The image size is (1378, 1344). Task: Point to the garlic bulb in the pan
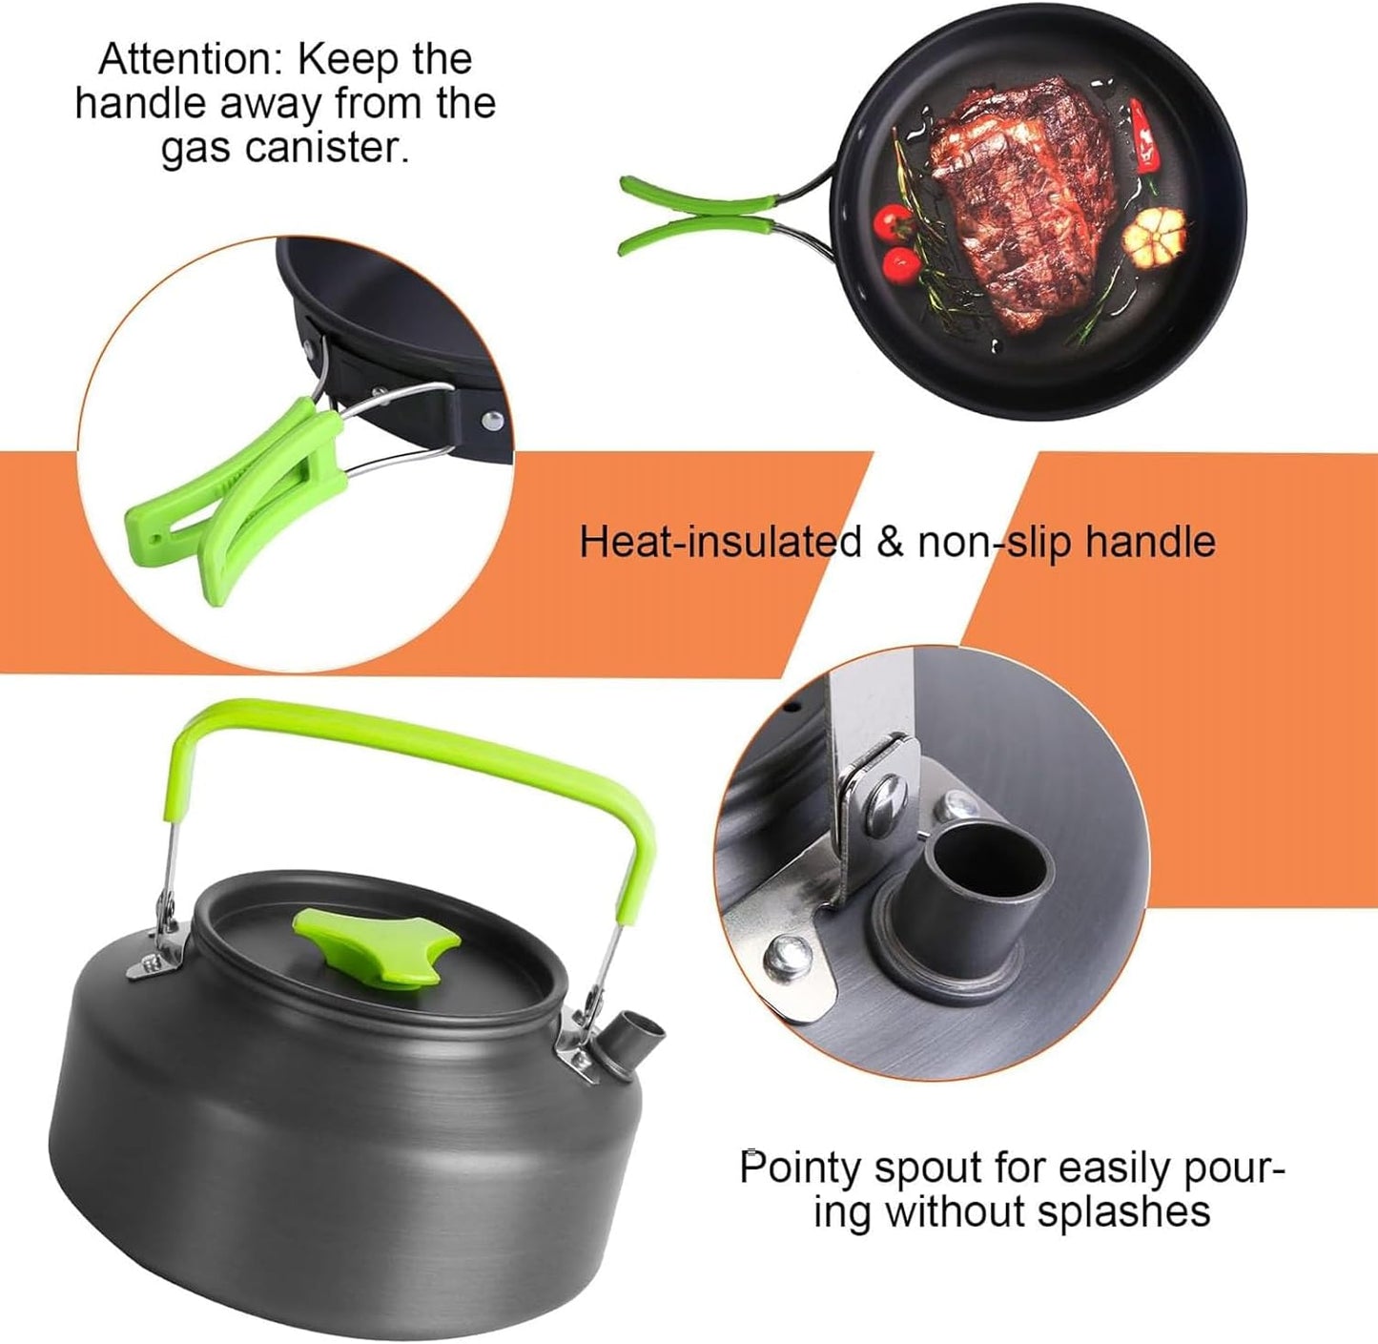tap(1155, 233)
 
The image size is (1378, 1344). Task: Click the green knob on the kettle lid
tap(378, 943)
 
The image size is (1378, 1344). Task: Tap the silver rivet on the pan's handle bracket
tap(493, 418)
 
